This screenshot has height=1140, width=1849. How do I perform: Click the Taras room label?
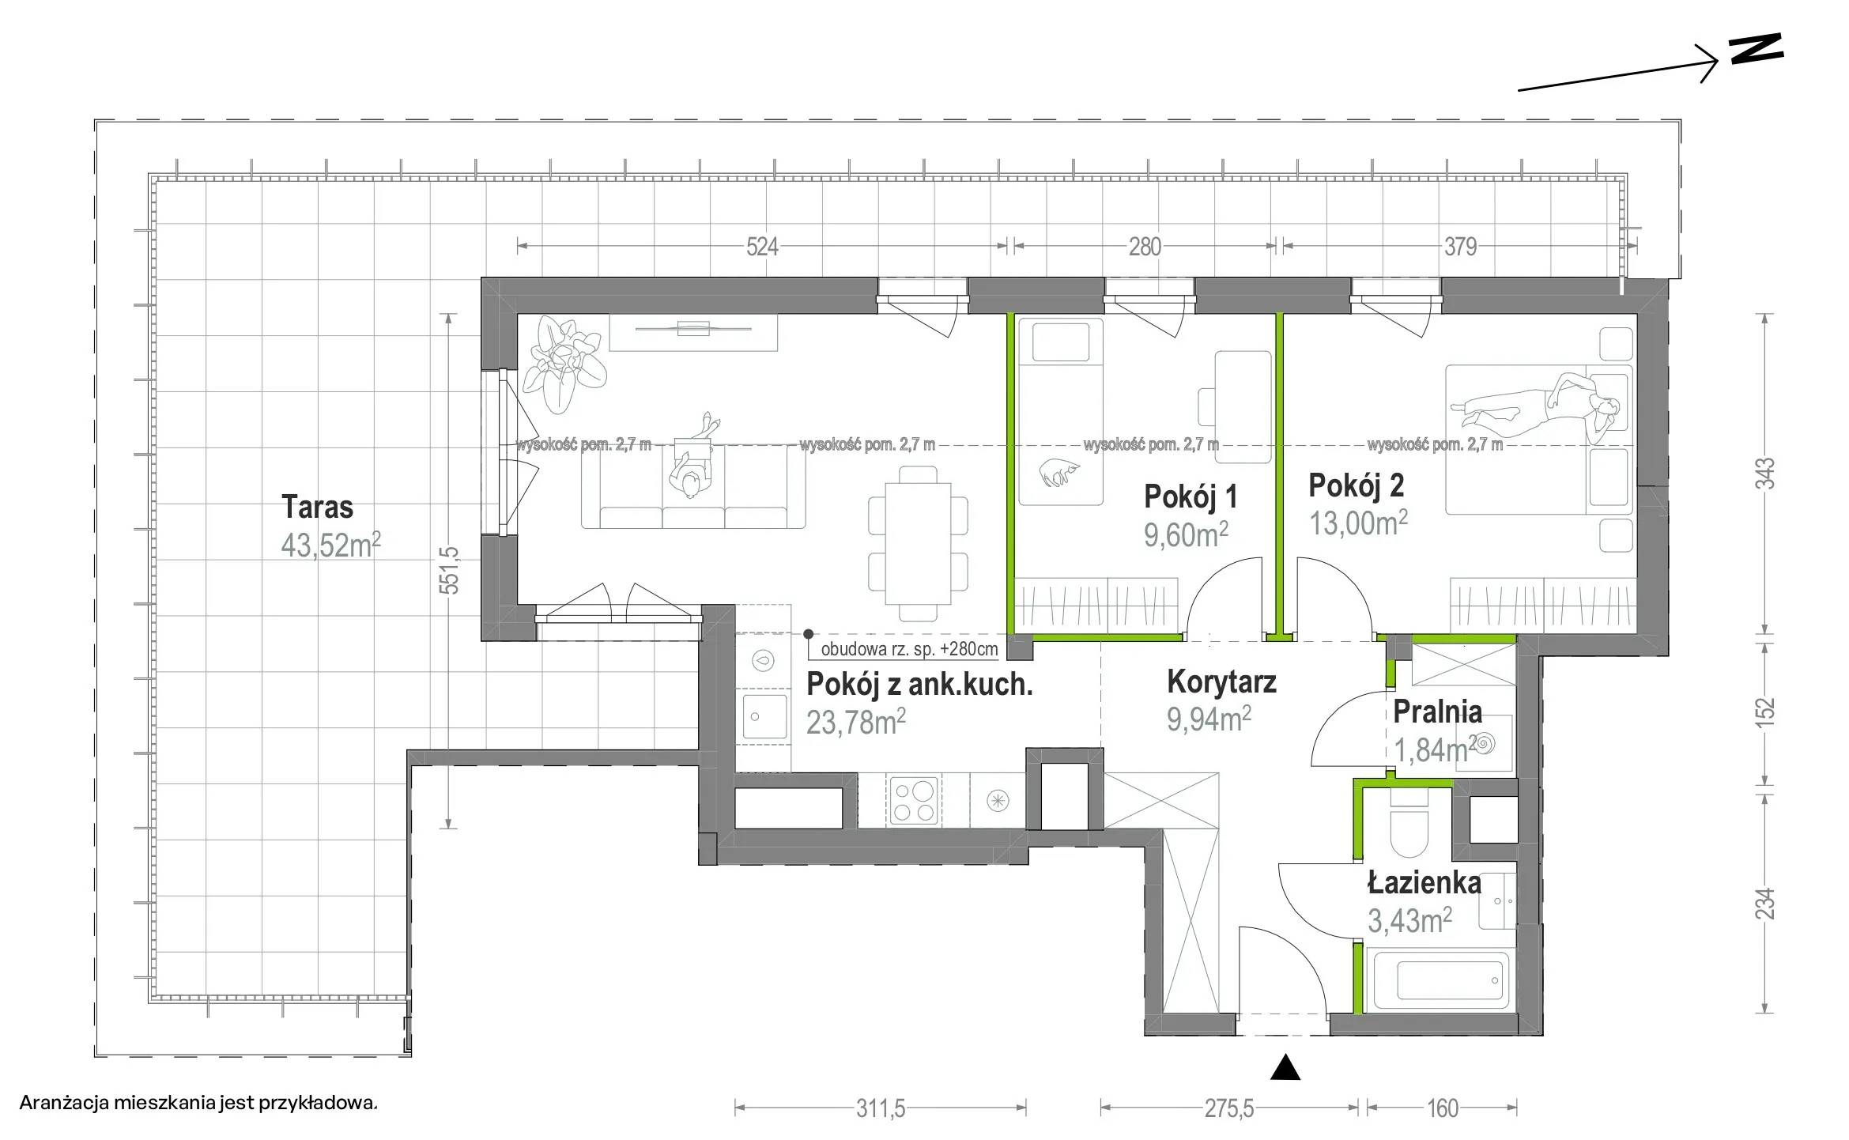pos(317,507)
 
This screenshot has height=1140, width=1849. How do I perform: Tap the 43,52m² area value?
pos(331,545)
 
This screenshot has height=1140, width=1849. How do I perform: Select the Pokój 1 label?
pos(1191,496)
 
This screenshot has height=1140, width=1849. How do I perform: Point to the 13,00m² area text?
pos(1358,523)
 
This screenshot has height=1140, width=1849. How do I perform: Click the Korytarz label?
pos(1221,681)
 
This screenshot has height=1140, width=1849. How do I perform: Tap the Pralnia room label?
pos(1436,712)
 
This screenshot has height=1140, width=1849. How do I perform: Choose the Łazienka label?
pos(1424,882)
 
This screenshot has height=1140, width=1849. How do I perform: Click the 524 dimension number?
pos(762,247)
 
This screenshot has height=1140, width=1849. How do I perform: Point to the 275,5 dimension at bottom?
pos(1229,1109)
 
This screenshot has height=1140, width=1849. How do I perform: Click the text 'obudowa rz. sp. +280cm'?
pos(909,650)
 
